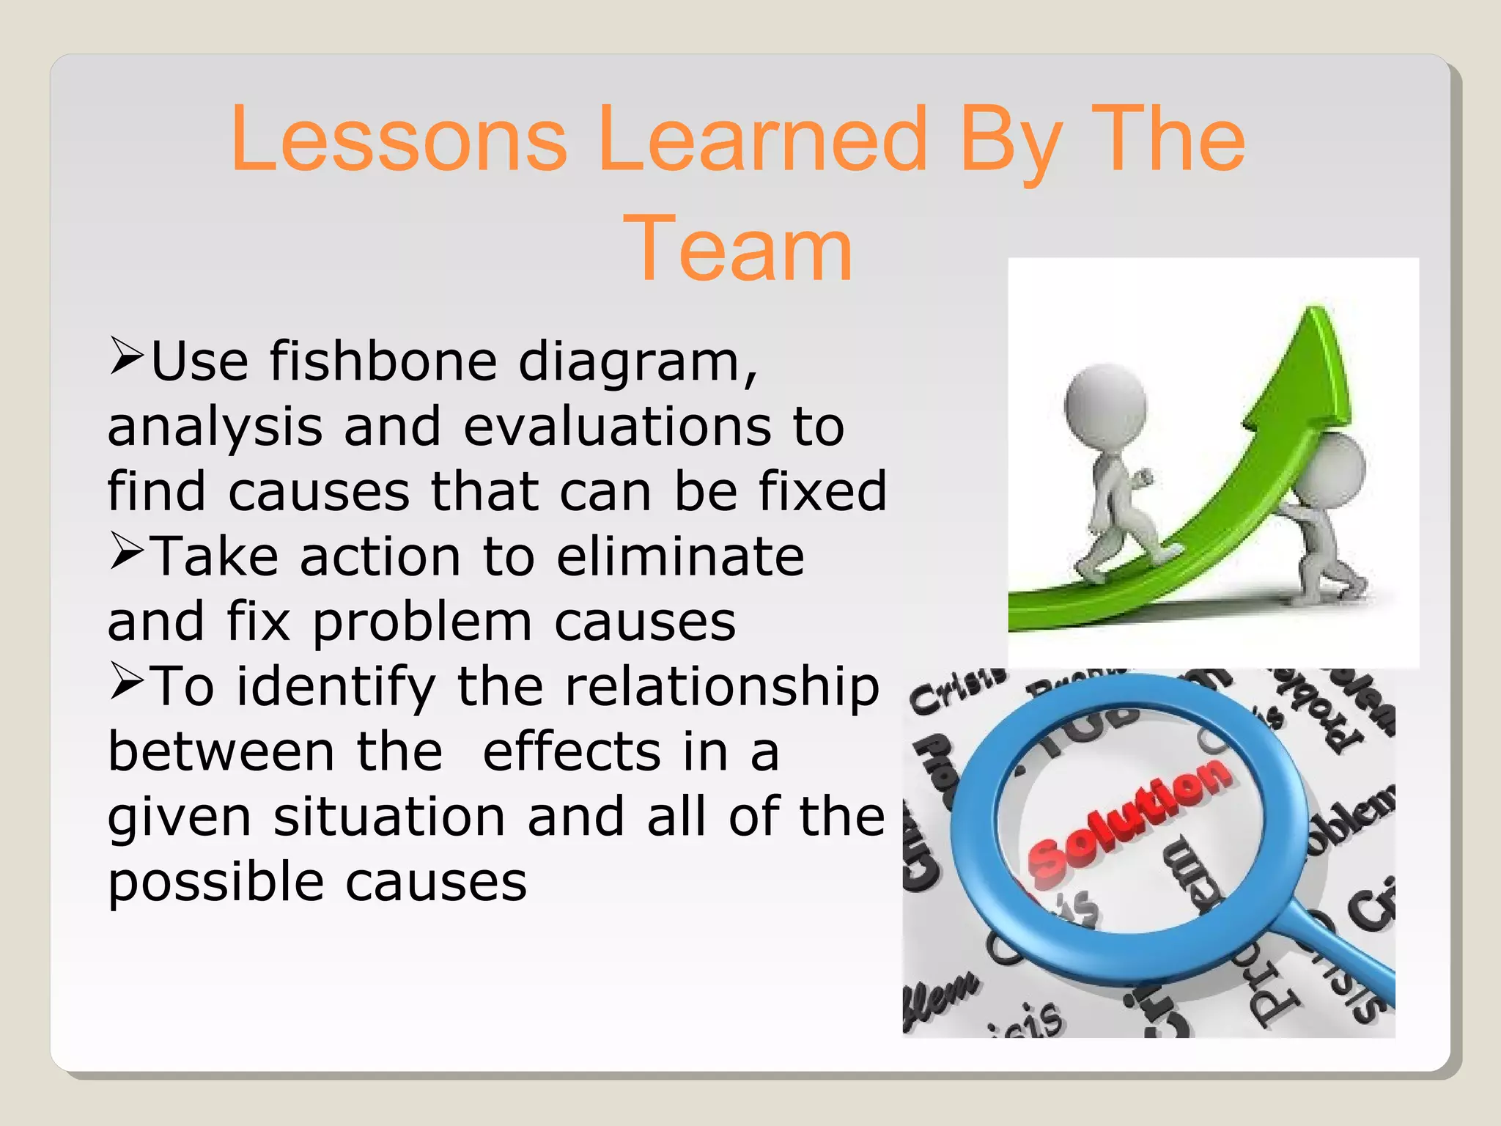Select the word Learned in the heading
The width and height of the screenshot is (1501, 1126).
pyautogui.click(x=762, y=139)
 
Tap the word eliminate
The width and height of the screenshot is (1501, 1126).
pyautogui.click(x=680, y=556)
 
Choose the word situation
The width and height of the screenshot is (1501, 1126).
pyautogui.click(x=389, y=817)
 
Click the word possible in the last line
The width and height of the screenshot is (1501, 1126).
pyautogui.click(x=216, y=883)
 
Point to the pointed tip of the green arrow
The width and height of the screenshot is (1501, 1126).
pyautogui.click(x=1317, y=311)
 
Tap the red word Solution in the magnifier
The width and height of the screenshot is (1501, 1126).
pyautogui.click(x=1128, y=818)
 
